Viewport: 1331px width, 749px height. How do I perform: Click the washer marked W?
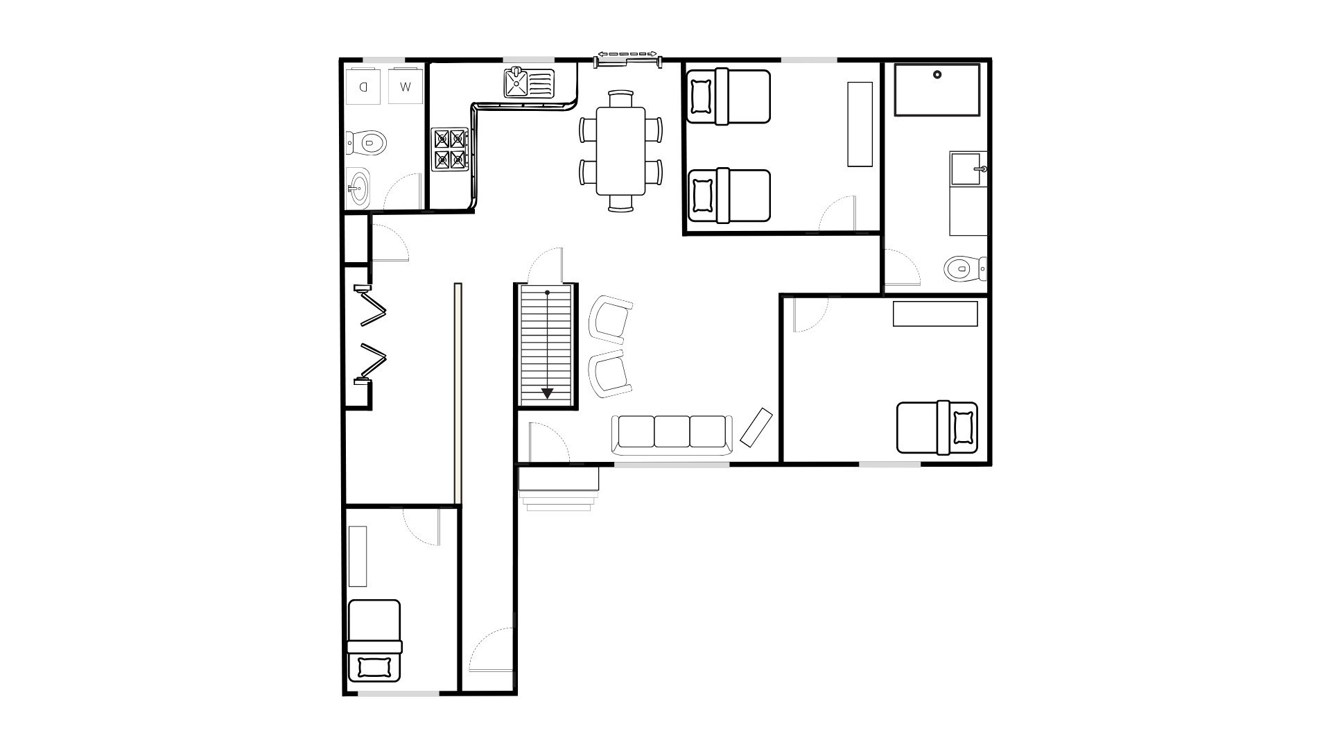coord(406,86)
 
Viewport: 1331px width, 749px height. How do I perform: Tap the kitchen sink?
coord(529,82)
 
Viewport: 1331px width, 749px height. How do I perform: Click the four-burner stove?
coord(450,149)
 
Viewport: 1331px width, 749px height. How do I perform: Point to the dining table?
coord(620,150)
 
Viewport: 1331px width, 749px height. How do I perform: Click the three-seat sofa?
coord(672,435)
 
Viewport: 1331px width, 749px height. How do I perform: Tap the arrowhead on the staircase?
coord(548,393)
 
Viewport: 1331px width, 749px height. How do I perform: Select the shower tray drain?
coord(937,74)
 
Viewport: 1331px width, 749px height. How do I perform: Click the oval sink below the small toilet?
coord(359,187)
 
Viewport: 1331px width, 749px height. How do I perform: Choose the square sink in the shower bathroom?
coord(968,169)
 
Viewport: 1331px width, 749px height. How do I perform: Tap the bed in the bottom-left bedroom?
coord(374,641)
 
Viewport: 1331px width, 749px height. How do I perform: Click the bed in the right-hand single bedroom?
coord(937,427)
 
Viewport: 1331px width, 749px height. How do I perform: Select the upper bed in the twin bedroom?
coord(729,96)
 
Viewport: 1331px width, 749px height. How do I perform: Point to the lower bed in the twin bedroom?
coord(729,196)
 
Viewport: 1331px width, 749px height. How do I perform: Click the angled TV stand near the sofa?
coord(756,427)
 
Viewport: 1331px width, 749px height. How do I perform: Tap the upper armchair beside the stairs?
coord(611,319)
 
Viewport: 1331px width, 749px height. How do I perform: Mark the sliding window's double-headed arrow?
coord(627,53)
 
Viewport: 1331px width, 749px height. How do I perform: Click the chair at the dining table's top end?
coord(620,98)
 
